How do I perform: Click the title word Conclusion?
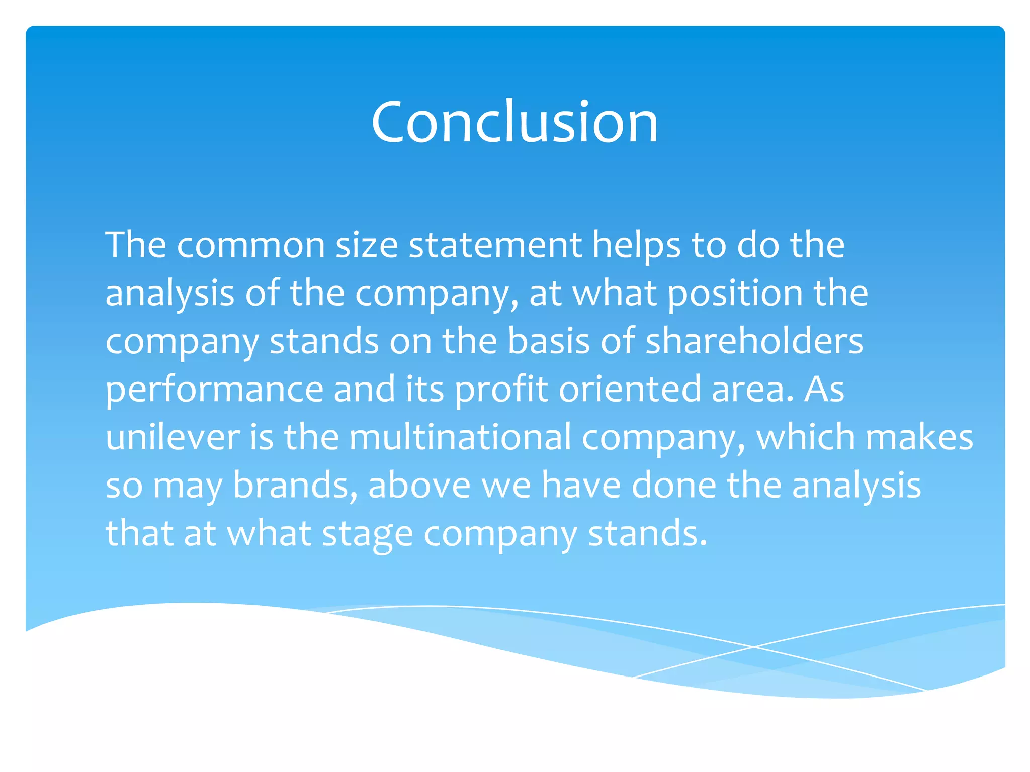coord(514,122)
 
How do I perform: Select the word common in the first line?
coord(251,245)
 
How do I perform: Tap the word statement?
coord(495,245)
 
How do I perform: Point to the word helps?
coord(636,246)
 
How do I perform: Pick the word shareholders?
coord(754,341)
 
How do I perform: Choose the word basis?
coord(548,341)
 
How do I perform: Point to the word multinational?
coord(460,437)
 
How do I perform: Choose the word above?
coord(419,485)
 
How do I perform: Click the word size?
coord(367,245)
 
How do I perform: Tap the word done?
coord(673,485)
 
